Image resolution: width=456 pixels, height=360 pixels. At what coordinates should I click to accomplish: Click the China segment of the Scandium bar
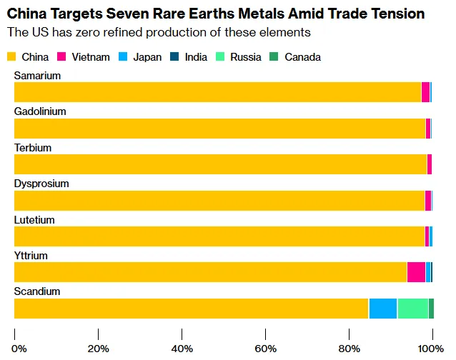point(191,308)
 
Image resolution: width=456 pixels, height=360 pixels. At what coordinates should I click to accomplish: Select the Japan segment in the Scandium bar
point(382,308)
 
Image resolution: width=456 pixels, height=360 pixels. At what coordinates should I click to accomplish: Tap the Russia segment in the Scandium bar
point(412,308)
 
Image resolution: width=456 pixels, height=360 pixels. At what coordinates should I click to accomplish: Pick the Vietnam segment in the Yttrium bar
point(416,272)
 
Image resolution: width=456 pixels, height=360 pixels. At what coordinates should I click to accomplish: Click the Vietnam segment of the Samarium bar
point(425,92)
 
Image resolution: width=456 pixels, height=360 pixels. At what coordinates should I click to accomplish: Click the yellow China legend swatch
point(11,57)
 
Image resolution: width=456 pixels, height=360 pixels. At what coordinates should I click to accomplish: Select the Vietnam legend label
point(91,57)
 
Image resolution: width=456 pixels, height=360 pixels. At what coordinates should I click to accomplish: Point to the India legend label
point(197,57)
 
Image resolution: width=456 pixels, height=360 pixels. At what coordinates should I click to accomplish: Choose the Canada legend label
point(302,57)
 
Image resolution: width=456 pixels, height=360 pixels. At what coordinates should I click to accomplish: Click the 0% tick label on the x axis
point(19,348)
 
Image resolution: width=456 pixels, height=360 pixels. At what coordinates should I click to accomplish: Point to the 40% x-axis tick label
point(182,348)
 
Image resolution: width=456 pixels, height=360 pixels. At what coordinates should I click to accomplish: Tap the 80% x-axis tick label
point(350,348)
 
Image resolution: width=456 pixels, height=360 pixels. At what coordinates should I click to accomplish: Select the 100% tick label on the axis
point(430,348)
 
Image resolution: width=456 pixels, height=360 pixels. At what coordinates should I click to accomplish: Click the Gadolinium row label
point(40,111)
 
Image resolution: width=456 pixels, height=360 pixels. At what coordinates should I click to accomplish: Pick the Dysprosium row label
point(41,184)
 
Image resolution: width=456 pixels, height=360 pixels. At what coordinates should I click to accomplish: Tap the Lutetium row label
point(34,220)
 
